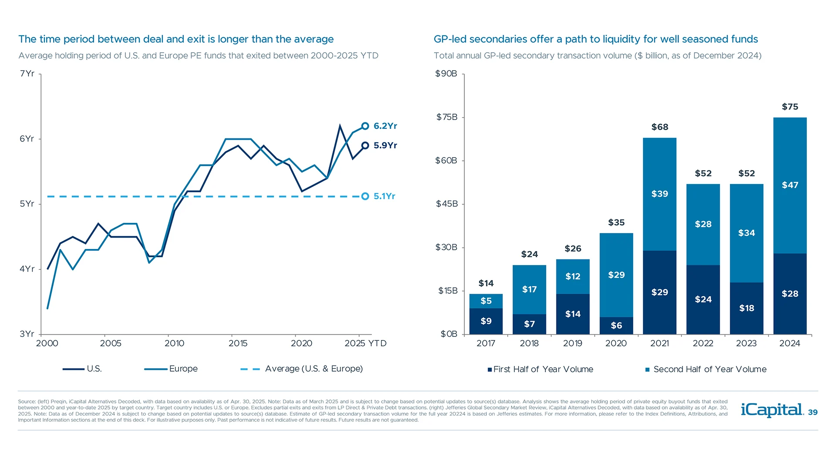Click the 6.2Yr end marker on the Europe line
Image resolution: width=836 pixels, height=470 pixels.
(x=365, y=126)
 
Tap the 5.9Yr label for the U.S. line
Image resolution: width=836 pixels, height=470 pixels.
(x=385, y=145)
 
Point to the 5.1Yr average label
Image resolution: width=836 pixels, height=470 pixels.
(x=384, y=196)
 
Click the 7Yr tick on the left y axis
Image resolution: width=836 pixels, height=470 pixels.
(x=27, y=74)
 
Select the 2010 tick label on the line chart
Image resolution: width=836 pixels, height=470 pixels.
(x=174, y=343)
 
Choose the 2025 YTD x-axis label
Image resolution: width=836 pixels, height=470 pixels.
(x=365, y=343)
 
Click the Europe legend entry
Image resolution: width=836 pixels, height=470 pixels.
(x=183, y=369)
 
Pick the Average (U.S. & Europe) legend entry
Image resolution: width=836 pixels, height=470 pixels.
(x=313, y=369)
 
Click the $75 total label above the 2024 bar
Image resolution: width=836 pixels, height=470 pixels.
(x=790, y=107)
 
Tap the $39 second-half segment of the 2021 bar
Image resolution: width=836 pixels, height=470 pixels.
(x=660, y=194)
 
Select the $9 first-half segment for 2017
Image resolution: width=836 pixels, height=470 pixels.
(x=486, y=321)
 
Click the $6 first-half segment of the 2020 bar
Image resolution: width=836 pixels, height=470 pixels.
(x=616, y=326)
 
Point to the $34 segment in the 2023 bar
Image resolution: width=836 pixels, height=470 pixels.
(x=746, y=233)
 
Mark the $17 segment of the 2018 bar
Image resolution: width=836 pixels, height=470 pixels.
(x=529, y=289)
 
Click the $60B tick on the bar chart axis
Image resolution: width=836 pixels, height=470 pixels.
(x=446, y=161)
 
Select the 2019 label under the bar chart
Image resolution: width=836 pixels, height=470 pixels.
(x=573, y=343)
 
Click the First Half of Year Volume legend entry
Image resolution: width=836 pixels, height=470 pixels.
(x=543, y=369)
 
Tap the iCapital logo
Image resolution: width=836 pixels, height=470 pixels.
(x=772, y=410)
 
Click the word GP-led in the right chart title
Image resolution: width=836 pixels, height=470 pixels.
(x=450, y=39)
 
